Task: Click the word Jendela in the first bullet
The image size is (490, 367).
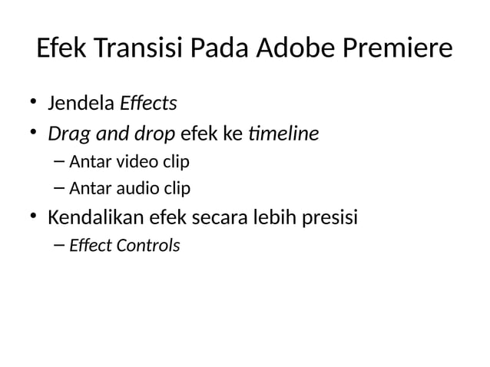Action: (79, 102)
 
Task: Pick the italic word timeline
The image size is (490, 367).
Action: (283, 134)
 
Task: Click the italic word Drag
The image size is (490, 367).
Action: (65, 135)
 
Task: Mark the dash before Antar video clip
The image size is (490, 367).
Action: (61, 163)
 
